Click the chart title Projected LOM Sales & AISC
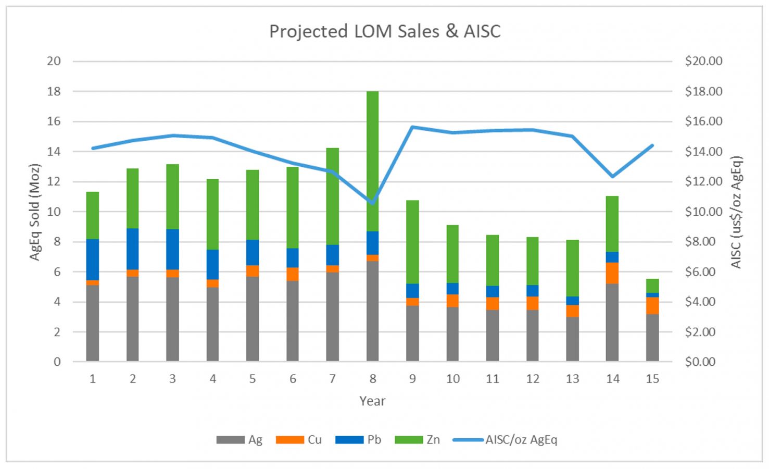(x=384, y=31)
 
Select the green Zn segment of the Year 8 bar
(x=372, y=161)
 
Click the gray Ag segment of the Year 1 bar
(x=93, y=323)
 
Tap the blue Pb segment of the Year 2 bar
(x=133, y=249)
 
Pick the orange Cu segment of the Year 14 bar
(x=612, y=273)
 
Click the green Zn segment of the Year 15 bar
(x=652, y=286)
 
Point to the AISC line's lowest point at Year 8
(x=372, y=202)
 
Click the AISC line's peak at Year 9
(x=412, y=127)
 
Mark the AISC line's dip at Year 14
(x=612, y=176)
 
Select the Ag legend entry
(x=239, y=440)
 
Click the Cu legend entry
(x=299, y=440)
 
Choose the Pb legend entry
(x=359, y=440)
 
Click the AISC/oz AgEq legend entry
(x=505, y=440)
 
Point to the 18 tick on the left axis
(x=54, y=92)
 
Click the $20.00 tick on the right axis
(x=703, y=61)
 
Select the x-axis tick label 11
(x=493, y=379)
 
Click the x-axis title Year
(x=372, y=401)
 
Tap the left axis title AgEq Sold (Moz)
(x=34, y=212)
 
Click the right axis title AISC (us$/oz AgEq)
(x=736, y=212)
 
